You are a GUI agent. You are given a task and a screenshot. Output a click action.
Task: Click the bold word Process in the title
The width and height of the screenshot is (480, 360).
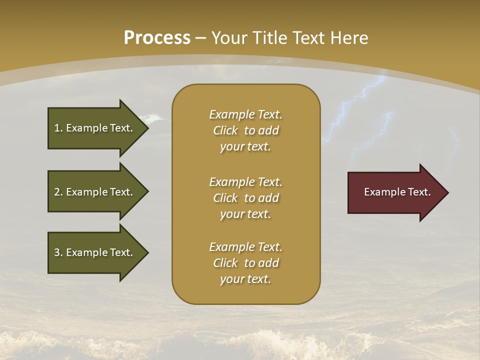point(157,38)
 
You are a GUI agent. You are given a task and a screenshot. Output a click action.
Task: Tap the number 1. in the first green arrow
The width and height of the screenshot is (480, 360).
point(58,128)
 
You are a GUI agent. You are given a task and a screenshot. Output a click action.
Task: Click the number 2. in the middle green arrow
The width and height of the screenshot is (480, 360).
point(58,192)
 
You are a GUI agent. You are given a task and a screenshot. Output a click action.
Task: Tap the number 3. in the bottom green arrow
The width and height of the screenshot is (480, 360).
point(58,252)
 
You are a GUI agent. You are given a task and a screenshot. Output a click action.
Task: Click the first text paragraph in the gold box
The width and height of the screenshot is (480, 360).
point(245,130)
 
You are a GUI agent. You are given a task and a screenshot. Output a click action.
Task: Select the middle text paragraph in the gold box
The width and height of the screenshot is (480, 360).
point(245,198)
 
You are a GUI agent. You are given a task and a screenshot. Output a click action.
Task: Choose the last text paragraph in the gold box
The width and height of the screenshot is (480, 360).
point(245,263)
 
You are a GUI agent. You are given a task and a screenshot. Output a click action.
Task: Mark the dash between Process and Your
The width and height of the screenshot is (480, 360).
point(201,38)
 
